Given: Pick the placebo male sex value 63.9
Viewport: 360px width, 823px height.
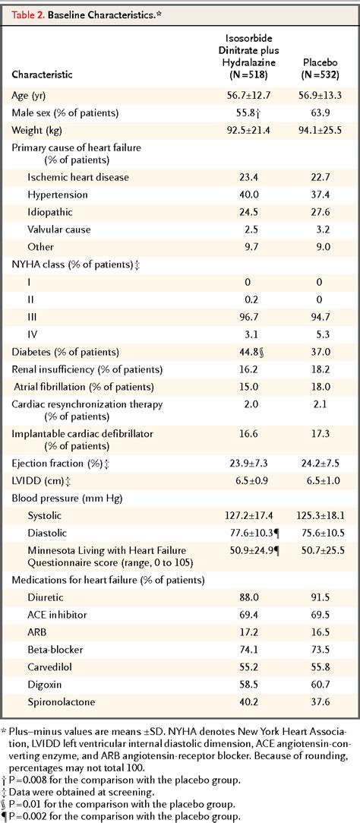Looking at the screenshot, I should (x=321, y=112).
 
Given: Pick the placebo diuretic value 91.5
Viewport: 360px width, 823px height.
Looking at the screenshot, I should (x=321, y=597).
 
